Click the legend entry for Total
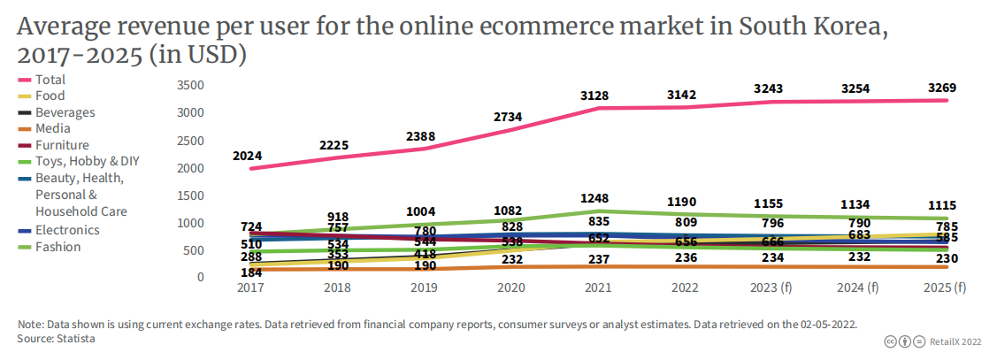click(50, 80)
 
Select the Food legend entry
click(50, 96)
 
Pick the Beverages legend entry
click(65, 112)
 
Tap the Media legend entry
click(52, 129)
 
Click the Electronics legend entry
click(67, 230)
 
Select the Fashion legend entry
click(58, 247)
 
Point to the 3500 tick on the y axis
click(190, 86)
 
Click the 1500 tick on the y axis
click(190, 195)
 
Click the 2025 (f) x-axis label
click(944, 288)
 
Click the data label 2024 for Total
click(248, 157)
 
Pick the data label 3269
click(941, 88)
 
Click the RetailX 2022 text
click(958, 341)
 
